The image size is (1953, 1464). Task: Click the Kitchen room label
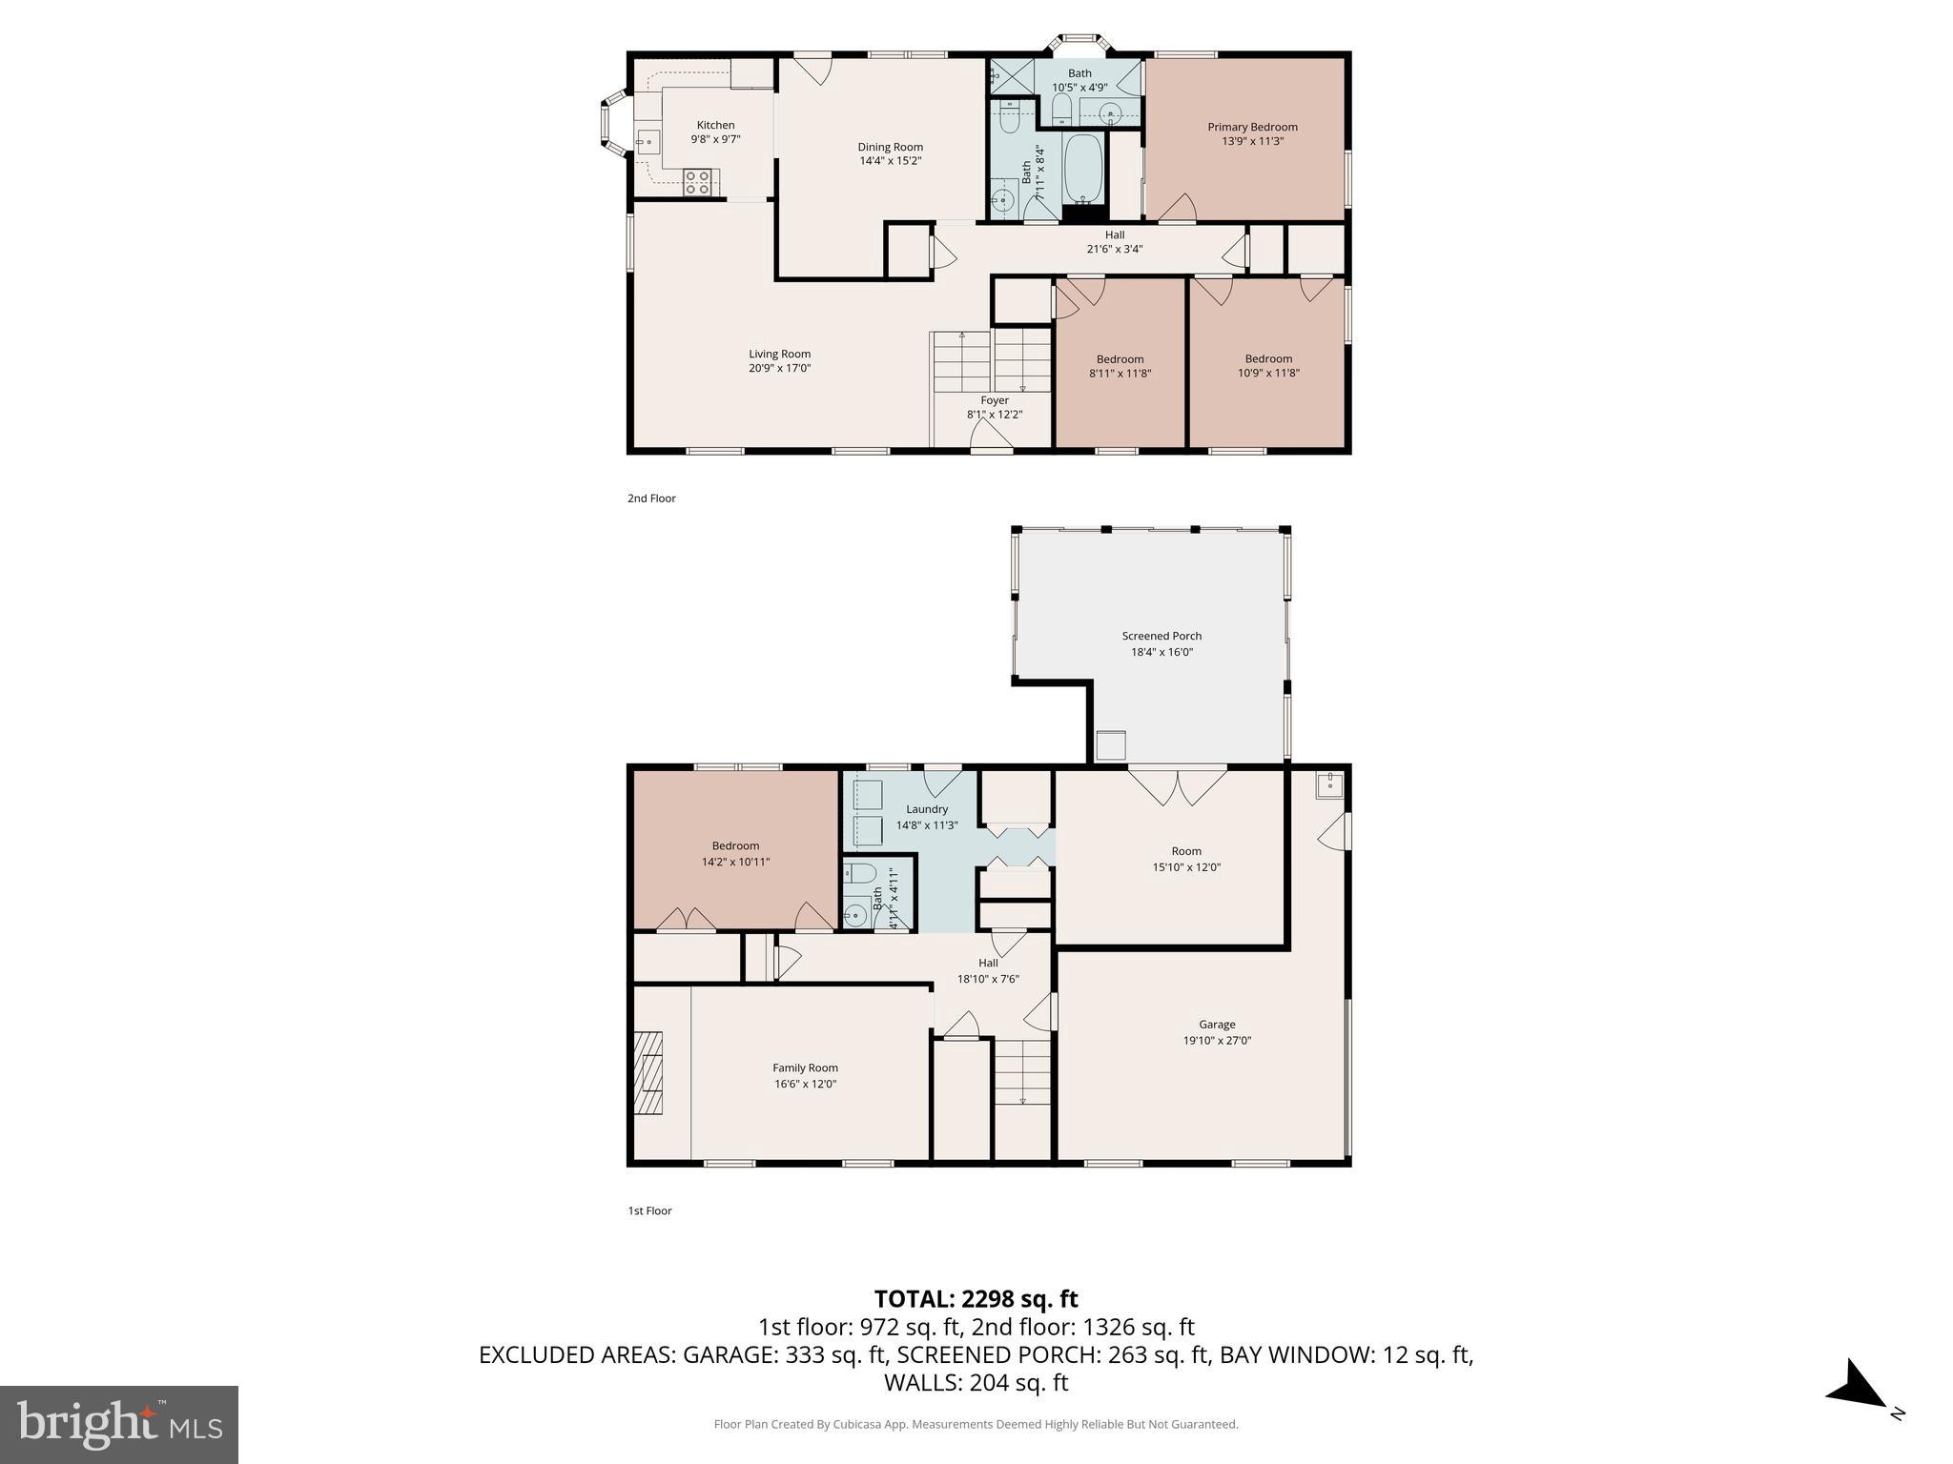pos(715,125)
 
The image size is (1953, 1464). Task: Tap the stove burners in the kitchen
pos(697,182)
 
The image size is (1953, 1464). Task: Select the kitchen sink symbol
pos(648,142)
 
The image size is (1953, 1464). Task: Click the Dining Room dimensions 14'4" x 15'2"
pos(890,161)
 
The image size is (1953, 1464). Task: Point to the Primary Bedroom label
pos(1252,127)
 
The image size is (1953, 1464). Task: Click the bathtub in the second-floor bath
pos(1082,168)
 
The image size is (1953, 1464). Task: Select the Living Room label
pos(779,354)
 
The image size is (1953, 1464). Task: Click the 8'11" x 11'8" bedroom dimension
pos(1120,374)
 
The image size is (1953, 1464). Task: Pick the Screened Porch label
pos(1162,636)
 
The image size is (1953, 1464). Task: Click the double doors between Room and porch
pos(1178,785)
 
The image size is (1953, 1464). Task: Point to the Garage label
pos(1217,1025)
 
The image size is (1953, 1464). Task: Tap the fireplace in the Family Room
pos(651,1072)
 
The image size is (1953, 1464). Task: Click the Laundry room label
pos(927,809)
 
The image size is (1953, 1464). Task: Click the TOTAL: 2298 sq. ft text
pos(976,1299)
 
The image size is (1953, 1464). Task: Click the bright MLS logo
pos(119,1425)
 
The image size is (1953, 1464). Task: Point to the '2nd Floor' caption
pos(651,498)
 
